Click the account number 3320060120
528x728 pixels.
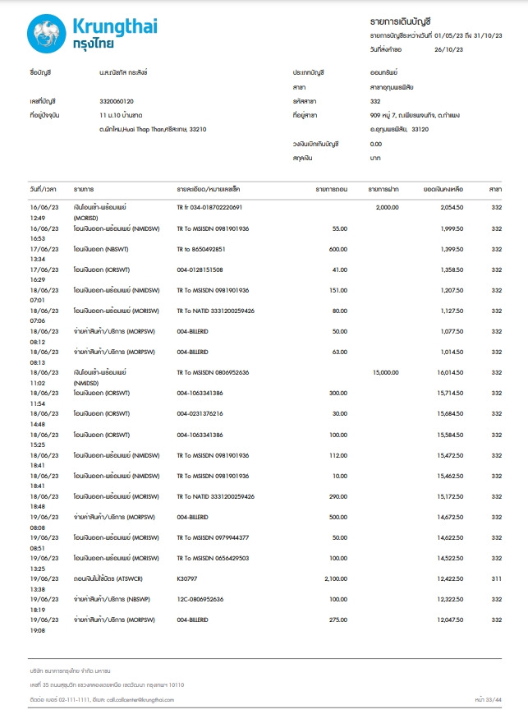[x=116, y=101]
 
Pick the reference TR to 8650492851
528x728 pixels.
[x=201, y=248]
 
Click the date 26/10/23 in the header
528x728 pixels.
[x=448, y=49]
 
